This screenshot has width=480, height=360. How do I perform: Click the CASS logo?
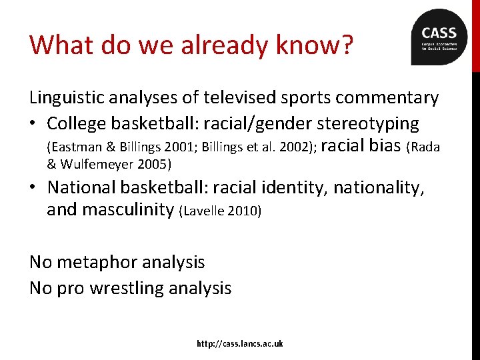pyautogui.click(x=439, y=37)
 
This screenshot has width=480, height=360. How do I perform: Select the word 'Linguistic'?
pyautogui.click(x=71, y=98)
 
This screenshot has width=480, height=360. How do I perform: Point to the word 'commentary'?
pyautogui.click(x=387, y=98)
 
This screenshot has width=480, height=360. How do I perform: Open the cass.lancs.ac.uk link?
pyautogui.click(x=240, y=343)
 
